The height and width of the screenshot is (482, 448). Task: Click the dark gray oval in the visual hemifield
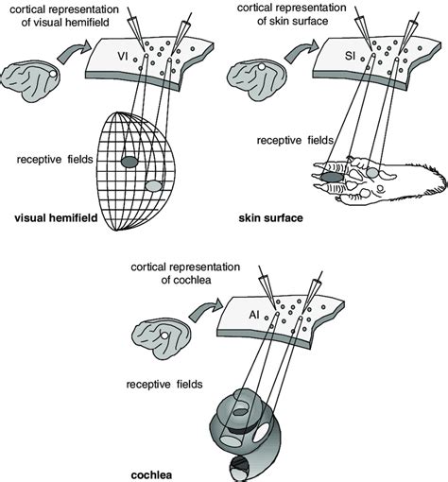[129, 161]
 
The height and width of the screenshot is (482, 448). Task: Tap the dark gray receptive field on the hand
[334, 175]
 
